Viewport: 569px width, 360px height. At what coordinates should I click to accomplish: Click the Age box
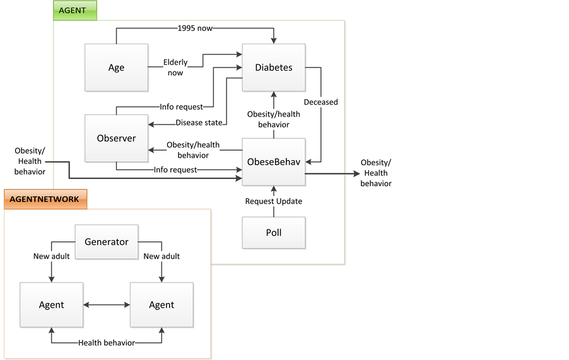click(x=116, y=67)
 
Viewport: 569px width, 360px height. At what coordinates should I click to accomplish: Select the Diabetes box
click(x=274, y=67)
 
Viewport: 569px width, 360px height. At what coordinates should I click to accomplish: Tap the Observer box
click(x=116, y=138)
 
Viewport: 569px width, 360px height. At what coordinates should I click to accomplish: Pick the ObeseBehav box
click(x=274, y=161)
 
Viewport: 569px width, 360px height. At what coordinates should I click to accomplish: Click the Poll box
click(x=274, y=233)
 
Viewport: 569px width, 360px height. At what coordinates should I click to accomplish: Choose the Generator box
click(x=107, y=241)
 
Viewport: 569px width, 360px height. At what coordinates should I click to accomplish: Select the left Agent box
click(x=52, y=305)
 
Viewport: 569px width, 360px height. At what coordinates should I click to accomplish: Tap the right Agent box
click(x=161, y=305)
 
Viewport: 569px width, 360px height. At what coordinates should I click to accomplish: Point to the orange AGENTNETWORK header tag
click(x=45, y=199)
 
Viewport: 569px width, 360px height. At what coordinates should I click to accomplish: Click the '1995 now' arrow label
click(x=195, y=28)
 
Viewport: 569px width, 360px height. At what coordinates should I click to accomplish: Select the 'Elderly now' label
click(x=175, y=67)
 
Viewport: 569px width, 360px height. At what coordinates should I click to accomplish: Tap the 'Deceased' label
click(x=320, y=102)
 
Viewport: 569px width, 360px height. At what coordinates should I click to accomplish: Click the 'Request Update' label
click(x=274, y=201)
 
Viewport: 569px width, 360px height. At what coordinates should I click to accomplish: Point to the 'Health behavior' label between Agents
click(x=107, y=342)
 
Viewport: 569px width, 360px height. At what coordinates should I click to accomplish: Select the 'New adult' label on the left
click(x=52, y=256)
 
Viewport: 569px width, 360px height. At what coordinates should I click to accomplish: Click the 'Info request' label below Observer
click(x=175, y=170)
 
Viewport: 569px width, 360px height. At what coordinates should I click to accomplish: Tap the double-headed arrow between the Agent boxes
click(x=107, y=305)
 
